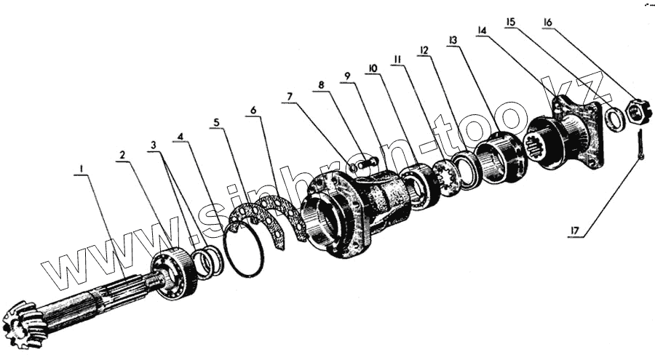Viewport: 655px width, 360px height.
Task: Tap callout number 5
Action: pyautogui.click(x=215, y=123)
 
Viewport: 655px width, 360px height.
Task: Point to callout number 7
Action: pyautogui.click(x=289, y=96)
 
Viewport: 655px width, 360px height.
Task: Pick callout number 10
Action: pyautogui.click(x=372, y=68)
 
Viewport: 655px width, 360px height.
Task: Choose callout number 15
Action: pyautogui.click(x=510, y=23)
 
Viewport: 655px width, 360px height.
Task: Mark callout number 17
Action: pyautogui.click(x=574, y=232)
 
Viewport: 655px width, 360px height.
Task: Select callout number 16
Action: pyautogui.click(x=547, y=23)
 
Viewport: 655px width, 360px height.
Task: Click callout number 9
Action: pyautogui.click(x=347, y=76)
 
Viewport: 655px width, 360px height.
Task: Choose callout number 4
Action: pyautogui.click(x=180, y=135)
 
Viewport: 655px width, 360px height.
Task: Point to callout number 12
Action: pyautogui.click(x=424, y=49)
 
